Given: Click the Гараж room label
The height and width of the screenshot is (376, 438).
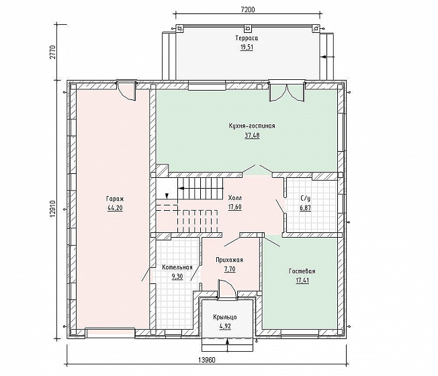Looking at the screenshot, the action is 115,199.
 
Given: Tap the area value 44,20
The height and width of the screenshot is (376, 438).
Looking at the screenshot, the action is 115,208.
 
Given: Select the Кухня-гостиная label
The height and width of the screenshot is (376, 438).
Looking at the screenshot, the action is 252,126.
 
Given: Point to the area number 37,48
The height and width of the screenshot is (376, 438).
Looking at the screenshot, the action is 252,136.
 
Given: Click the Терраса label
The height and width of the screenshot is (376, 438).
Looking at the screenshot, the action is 247,38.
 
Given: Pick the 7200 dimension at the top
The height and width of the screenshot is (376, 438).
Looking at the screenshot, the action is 248,10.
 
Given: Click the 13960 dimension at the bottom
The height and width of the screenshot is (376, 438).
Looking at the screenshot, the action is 207,360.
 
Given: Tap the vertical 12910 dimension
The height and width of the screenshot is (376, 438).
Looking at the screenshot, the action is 55,209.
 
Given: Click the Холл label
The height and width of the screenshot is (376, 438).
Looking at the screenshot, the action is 235,198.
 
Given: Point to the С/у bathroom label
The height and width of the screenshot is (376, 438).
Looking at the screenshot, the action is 305,199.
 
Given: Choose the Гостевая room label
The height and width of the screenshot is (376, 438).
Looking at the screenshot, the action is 302,271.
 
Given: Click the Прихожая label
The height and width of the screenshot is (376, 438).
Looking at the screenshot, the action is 229,260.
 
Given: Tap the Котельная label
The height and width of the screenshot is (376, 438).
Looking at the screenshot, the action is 177,267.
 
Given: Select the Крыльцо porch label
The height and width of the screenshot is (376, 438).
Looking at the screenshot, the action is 225,317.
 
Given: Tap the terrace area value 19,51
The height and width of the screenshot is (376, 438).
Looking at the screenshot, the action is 247,48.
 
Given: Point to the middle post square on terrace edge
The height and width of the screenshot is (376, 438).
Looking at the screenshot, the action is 247,28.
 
